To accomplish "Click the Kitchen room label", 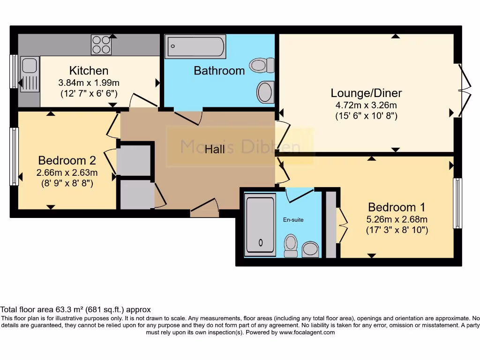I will [x=89, y=71].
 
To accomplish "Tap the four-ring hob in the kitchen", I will [x=102, y=45].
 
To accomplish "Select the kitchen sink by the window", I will [x=29, y=75].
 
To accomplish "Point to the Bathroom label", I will [x=219, y=71].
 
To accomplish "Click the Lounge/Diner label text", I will [x=366, y=93].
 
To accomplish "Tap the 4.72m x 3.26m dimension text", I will [x=366, y=105].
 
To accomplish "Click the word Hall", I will [x=215, y=149].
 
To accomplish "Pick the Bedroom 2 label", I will [x=67, y=160].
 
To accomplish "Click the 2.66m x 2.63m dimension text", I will [x=67, y=172].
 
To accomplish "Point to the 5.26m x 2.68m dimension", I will [x=397, y=219].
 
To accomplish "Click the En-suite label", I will [x=293, y=219].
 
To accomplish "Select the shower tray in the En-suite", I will [x=260, y=226].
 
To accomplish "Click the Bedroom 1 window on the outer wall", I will [x=457, y=203].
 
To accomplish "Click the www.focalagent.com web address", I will [x=307, y=332].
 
